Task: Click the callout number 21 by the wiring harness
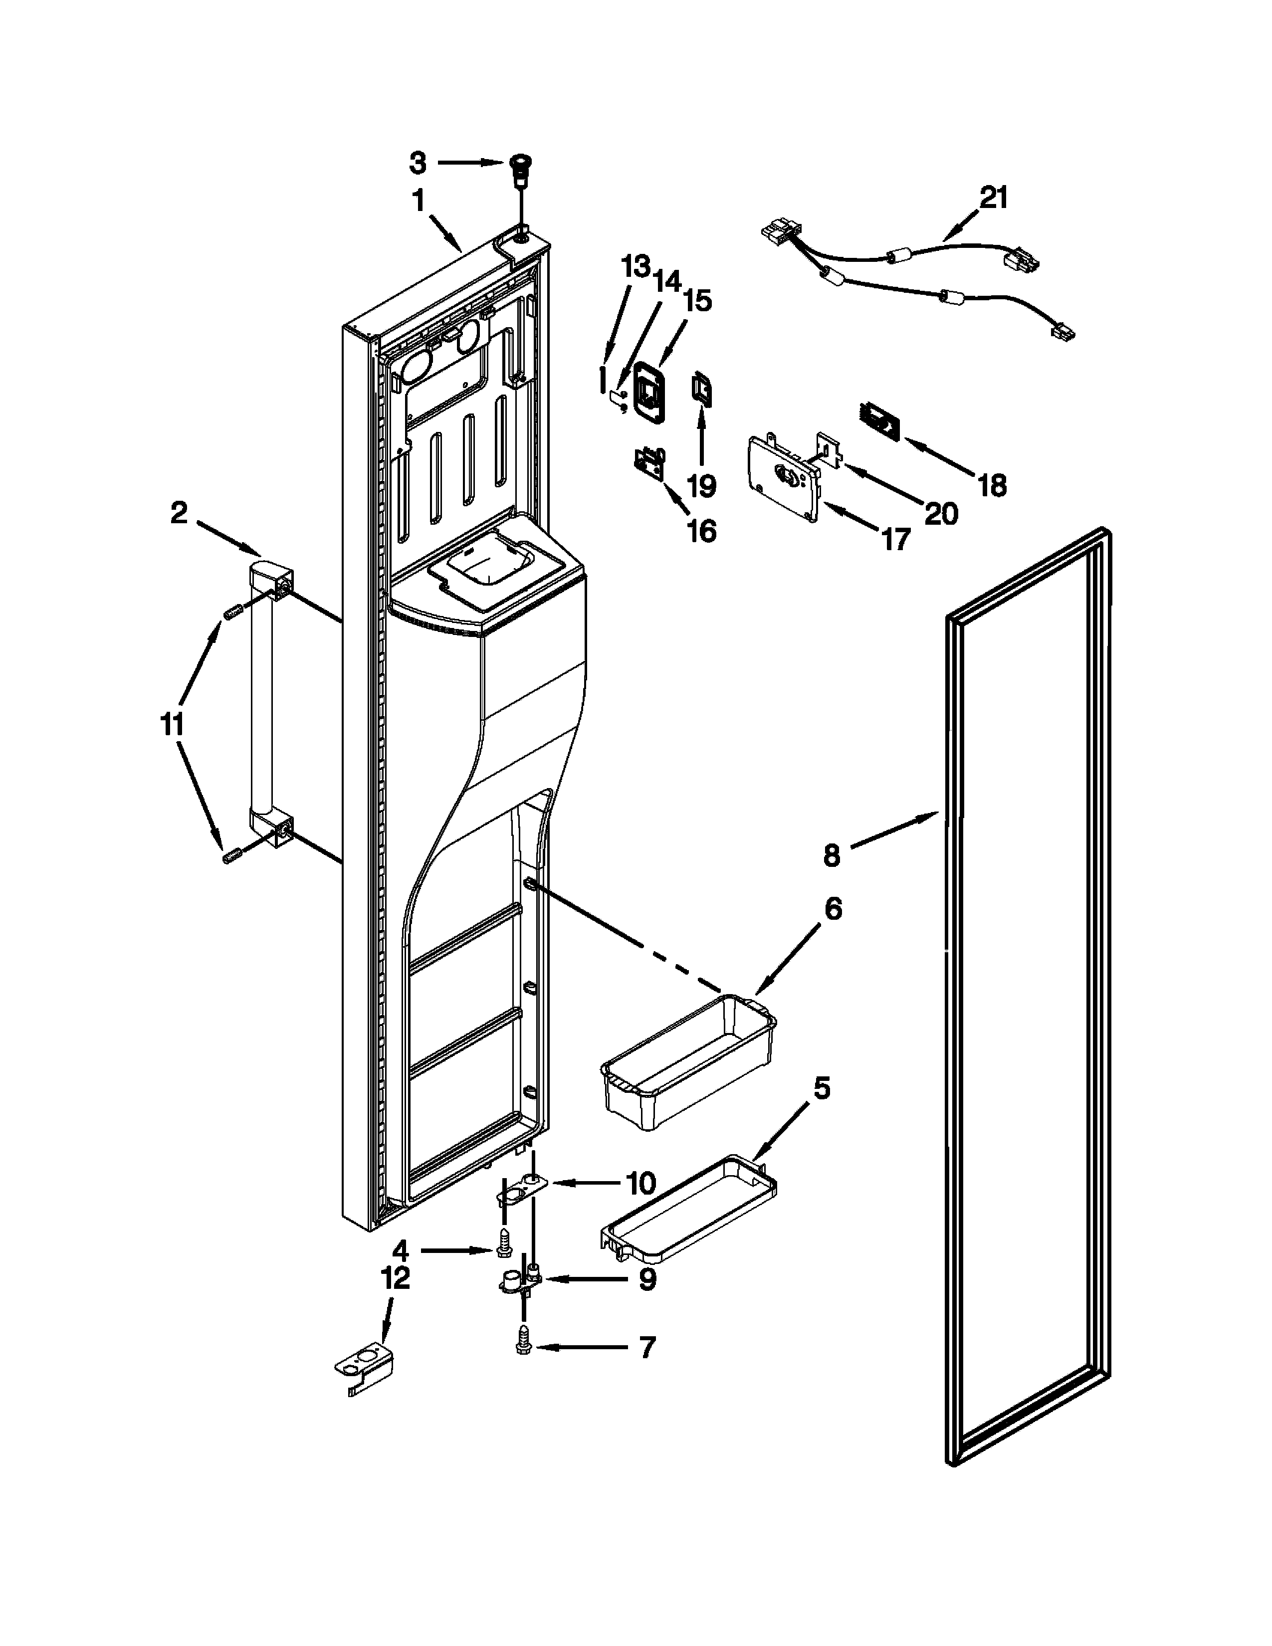coord(993,198)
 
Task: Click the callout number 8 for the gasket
coord(831,855)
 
